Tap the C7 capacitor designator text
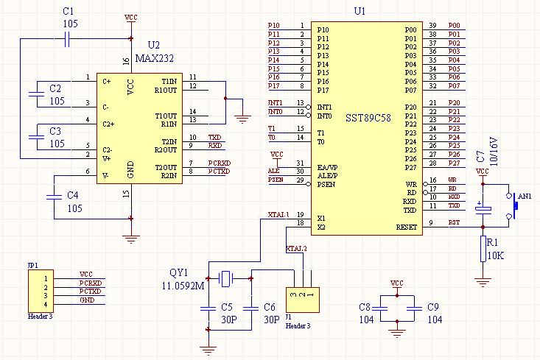tap(480, 160)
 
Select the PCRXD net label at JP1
tap(91, 283)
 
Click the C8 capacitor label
tap(365, 306)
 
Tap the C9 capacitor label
tap(433, 306)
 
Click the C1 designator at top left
tap(68, 13)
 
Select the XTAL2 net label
tap(296, 248)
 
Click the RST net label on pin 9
tap(455, 223)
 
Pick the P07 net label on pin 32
tap(454, 86)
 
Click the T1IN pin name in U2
tap(169, 80)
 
